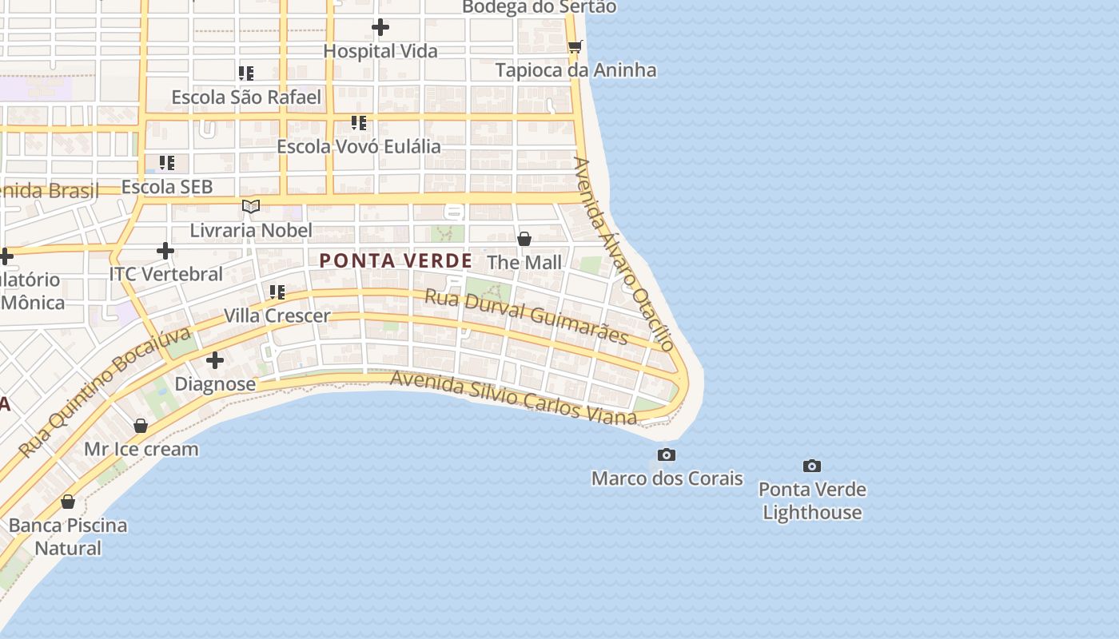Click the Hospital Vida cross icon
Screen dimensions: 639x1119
[380, 27]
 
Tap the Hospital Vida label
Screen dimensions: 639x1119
[380, 51]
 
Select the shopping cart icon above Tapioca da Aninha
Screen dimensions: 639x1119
[575, 46]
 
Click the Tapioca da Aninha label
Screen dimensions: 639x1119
[575, 70]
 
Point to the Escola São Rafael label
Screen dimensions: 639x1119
[246, 97]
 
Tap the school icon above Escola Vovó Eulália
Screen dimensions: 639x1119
[359, 123]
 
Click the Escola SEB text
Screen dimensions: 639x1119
[167, 187]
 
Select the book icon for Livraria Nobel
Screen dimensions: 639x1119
[251, 207]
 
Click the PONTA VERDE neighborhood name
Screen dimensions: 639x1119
[396, 260]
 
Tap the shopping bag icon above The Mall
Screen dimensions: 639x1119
[524, 239]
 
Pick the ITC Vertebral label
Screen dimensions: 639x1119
[166, 274]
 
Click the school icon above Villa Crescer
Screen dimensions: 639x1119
[277, 292]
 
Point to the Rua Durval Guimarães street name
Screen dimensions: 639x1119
[526, 316]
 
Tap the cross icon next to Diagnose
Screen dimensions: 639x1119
[215, 361]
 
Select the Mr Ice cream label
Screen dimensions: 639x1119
[141, 449]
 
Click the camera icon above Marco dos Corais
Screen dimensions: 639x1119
[666, 455]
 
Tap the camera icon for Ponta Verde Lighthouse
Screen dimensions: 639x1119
[812, 466]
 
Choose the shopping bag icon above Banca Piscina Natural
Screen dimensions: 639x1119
[68, 502]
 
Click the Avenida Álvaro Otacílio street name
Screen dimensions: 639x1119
[624, 253]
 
